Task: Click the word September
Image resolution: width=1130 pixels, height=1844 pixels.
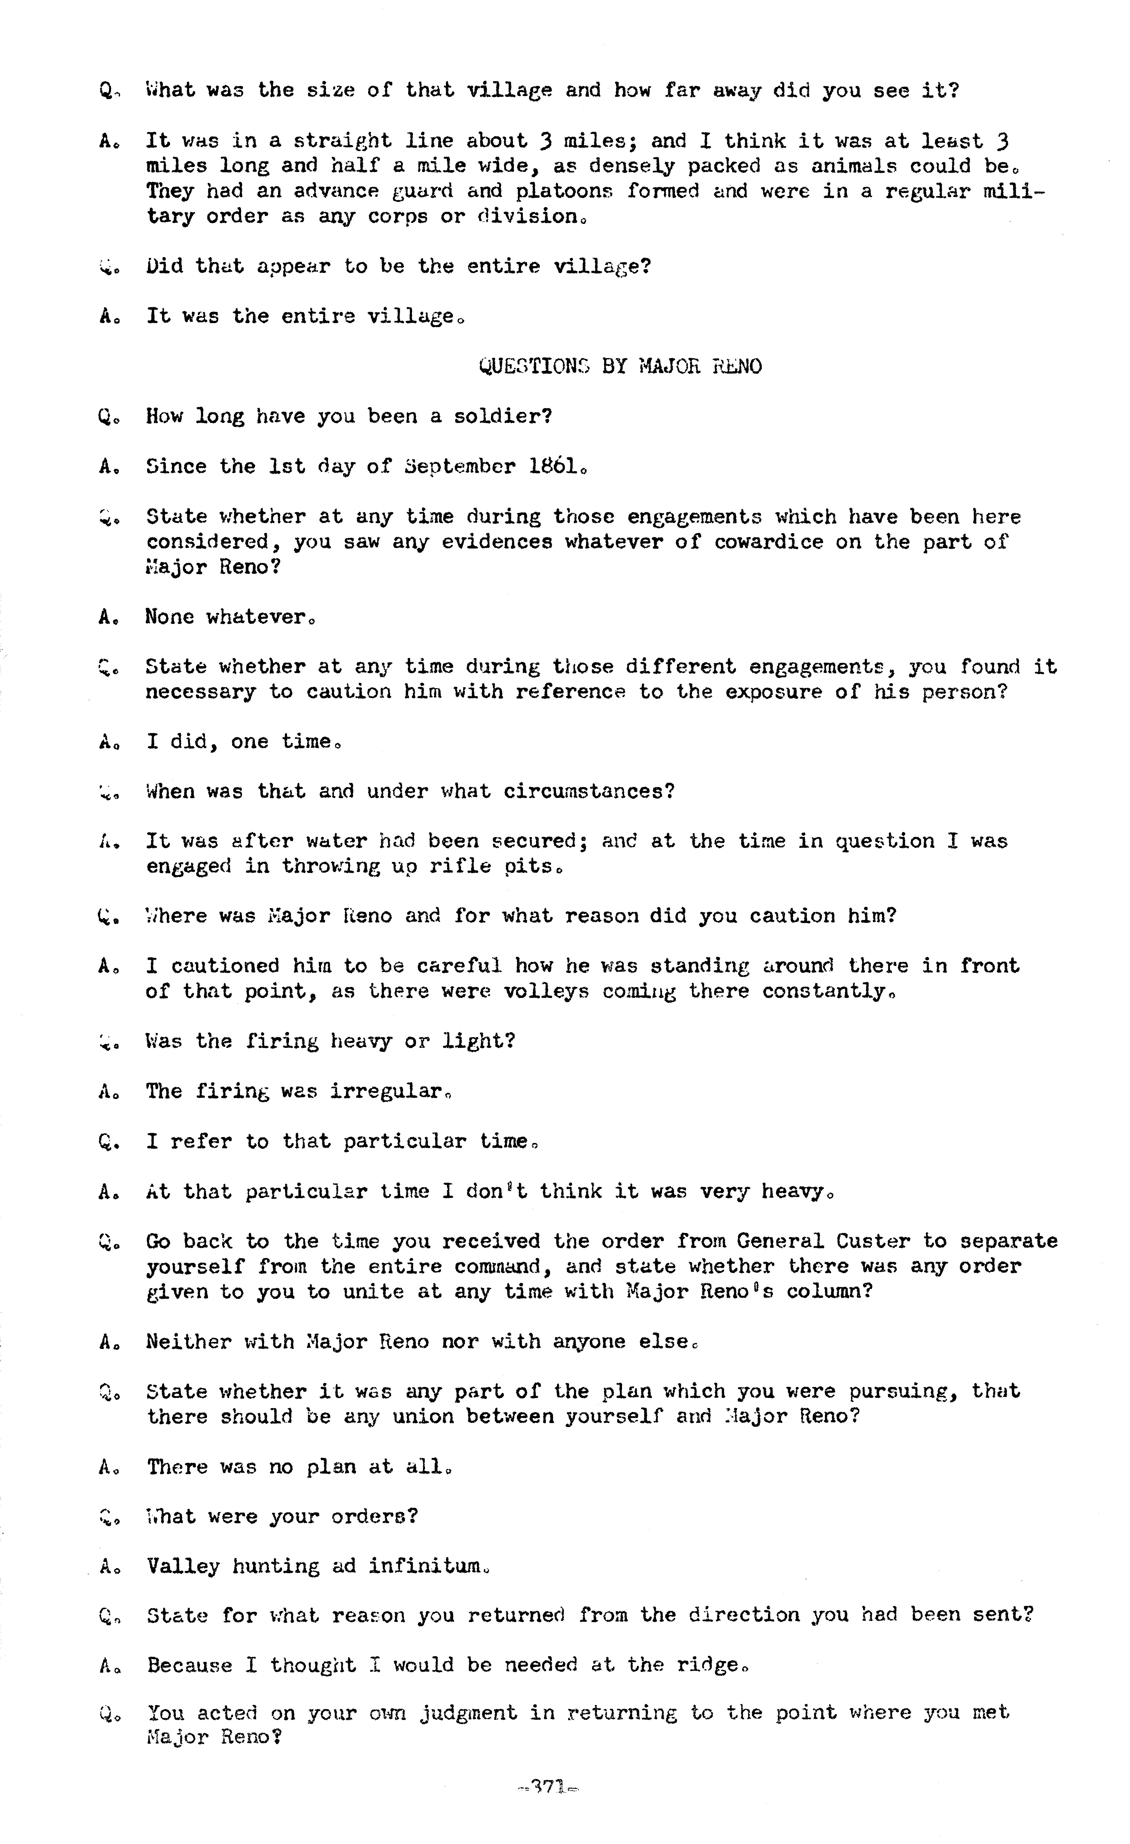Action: pyautogui.click(x=460, y=466)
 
